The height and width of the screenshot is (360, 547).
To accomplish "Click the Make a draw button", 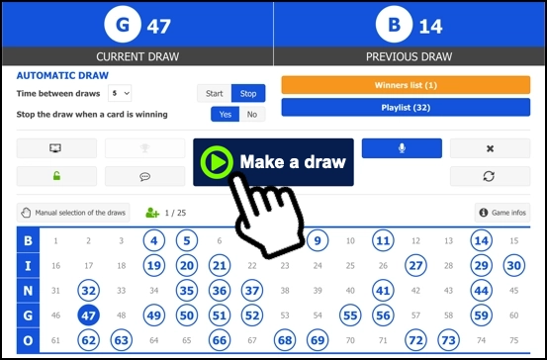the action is click(273, 162).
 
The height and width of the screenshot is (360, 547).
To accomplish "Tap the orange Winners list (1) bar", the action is click(406, 85).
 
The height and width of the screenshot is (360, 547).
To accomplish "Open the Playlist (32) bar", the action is click(406, 108).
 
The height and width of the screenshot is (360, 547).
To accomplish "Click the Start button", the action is click(215, 94).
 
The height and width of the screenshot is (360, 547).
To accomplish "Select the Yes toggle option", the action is click(226, 115).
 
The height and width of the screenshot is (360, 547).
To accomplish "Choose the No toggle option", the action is click(252, 115).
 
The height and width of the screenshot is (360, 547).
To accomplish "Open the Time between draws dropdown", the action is click(120, 94).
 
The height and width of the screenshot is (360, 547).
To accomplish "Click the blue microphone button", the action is click(402, 148).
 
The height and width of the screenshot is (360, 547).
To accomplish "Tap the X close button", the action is click(491, 148).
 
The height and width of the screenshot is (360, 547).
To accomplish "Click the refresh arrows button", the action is click(491, 176).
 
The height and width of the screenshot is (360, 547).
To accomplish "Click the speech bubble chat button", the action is click(144, 176).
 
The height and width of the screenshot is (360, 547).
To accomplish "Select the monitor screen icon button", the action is click(56, 148).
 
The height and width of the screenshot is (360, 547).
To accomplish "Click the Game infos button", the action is click(502, 213).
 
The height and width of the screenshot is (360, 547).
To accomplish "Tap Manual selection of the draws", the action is click(73, 213).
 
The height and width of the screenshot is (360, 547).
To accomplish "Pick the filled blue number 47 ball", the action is click(88, 315).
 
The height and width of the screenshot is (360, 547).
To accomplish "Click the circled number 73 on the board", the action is click(448, 340).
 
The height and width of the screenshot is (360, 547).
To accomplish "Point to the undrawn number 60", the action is click(513, 315).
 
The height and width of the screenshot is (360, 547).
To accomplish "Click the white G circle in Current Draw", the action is click(123, 24).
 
